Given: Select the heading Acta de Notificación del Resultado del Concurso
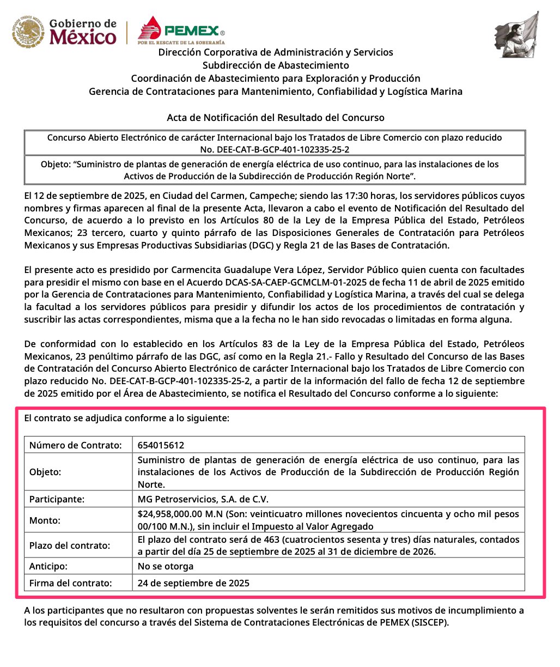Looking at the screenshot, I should click(276, 118).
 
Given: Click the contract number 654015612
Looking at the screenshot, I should click(161, 445).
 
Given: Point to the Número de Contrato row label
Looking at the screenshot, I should click(75, 445).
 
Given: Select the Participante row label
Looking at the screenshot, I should click(57, 499).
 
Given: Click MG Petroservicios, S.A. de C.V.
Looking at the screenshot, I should click(203, 499).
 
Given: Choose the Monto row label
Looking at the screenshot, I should click(45, 520).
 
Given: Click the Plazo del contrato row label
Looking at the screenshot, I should click(70, 545).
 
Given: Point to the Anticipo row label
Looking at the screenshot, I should click(48, 566).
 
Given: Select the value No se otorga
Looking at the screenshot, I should click(166, 566).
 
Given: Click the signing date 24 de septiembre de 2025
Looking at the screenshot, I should click(193, 583).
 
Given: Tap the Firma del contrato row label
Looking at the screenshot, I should click(71, 583).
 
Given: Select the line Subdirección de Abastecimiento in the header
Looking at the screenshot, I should click(276, 65).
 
